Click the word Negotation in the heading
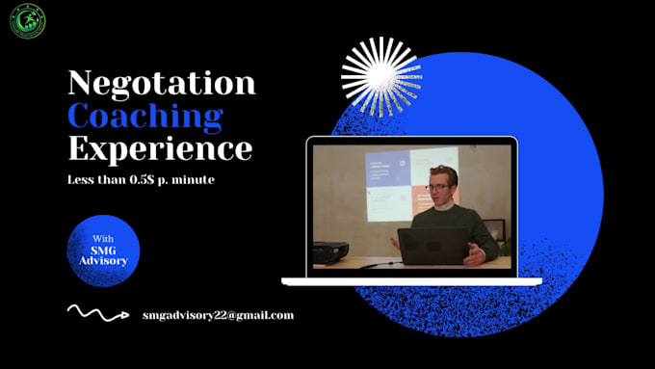click(161, 83)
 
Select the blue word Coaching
click(144, 116)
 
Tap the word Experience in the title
click(160, 148)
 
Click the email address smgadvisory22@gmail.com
click(218, 315)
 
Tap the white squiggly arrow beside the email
click(97, 312)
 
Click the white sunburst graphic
click(381, 76)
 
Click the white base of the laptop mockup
click(411, 280)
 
